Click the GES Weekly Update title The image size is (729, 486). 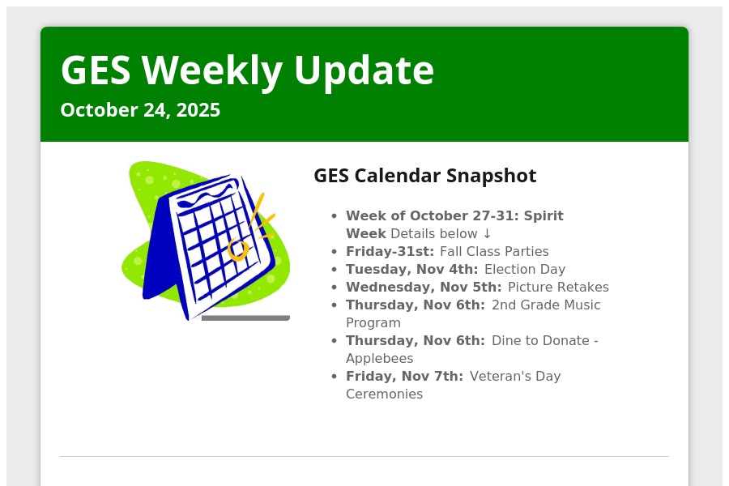coord(247,70)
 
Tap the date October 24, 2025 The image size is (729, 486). coord(140,110)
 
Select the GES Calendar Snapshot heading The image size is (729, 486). coord(425,176)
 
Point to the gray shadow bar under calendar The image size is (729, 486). coord(245,318)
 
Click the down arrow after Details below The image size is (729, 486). coord(487,233)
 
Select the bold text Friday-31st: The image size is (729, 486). coord(390,252)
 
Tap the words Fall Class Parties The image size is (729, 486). coord(494,252)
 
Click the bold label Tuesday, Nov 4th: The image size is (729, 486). coord(412,269)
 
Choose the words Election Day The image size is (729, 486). coord(525,269)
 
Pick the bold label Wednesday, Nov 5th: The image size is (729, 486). coord(424,287)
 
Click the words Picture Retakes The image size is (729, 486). coord(558,287)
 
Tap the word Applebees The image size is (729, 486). coord(379,359)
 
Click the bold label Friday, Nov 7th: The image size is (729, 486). coord(404,376)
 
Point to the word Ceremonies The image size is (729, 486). coord(385,394)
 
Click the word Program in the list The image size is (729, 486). coord(373,322)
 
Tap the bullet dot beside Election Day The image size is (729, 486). coord(335,270)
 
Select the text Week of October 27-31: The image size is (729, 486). coord(432,215)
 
